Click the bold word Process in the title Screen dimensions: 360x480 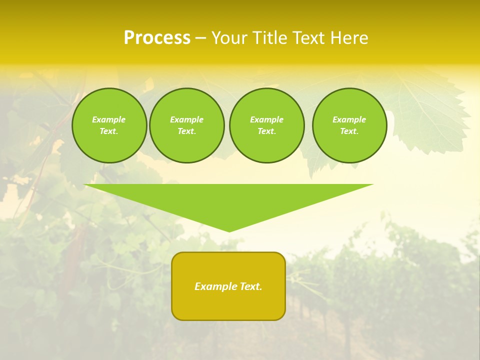point(157,38)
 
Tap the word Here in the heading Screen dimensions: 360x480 point(347,38)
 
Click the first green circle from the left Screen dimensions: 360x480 point(109,125)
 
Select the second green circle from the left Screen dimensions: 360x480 point(187,125)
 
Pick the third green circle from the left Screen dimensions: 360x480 point(267,125)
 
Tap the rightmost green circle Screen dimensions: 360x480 point(349,125)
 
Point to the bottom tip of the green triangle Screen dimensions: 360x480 point(229,231)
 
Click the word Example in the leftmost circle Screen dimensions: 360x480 point(109,119)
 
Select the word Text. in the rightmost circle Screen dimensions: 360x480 point(349,131)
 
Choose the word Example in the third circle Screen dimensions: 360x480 point(267,119)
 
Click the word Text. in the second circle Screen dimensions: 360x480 point(187,131)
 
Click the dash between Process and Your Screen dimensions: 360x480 point(200,38)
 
